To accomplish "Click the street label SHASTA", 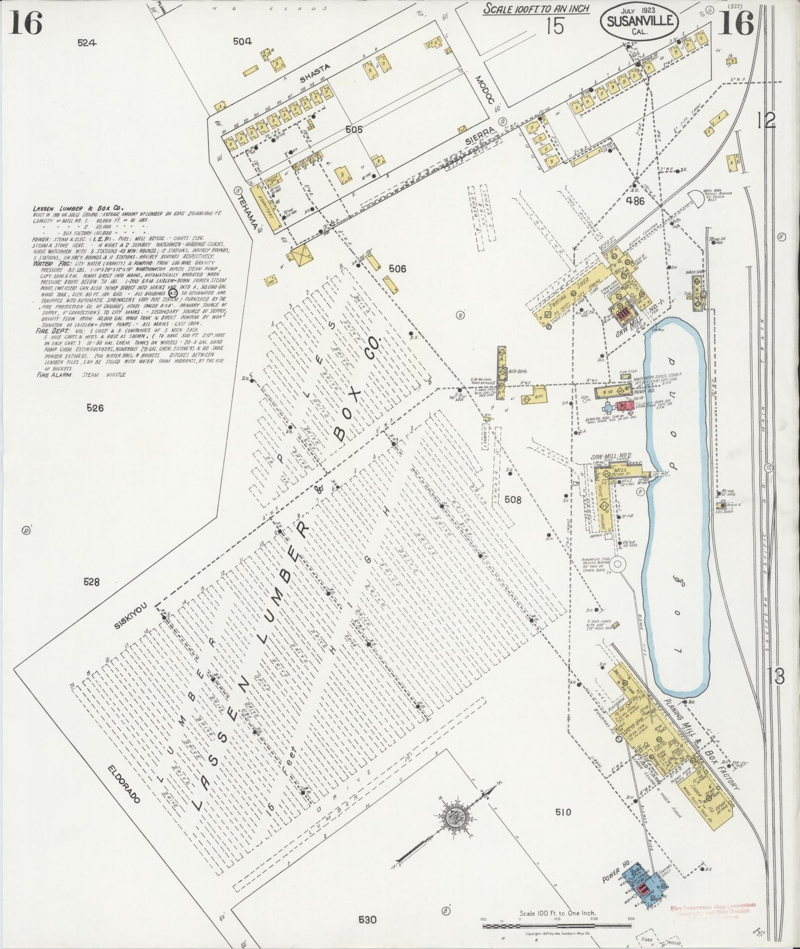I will click(x=314, y=74).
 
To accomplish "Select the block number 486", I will click(x=634, y=202).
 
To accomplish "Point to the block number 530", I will click(x=367, y=920).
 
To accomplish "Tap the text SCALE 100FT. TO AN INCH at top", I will click(x=536, y=8).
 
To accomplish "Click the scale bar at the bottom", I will click(x=556, y=926).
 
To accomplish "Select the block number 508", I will click(x=513, y=499).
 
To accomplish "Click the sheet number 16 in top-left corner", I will click(x=25, y=23).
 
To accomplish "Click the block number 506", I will click(x=397, y=269).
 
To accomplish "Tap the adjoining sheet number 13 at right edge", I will click(x=776, y=677).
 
